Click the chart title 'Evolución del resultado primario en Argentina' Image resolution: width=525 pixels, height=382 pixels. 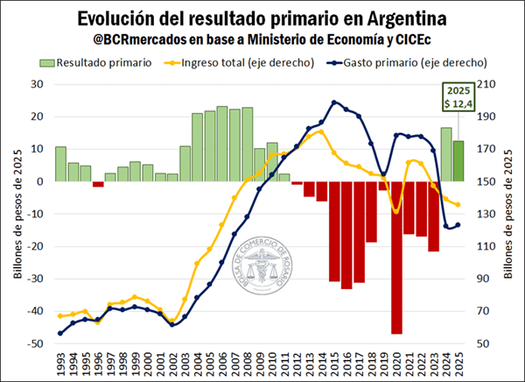(262, 18)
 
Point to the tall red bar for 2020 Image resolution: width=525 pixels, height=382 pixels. (396, 258)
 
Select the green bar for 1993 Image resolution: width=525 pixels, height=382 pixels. (60, 164)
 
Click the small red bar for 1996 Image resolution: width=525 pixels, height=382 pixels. (98, 184)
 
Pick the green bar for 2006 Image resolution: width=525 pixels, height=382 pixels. (222, 144)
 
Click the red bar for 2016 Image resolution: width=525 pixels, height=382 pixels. (346, 235)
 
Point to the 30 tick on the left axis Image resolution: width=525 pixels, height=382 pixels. (38, 84)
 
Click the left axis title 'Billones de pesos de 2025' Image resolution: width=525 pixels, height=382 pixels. (16, 215)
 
